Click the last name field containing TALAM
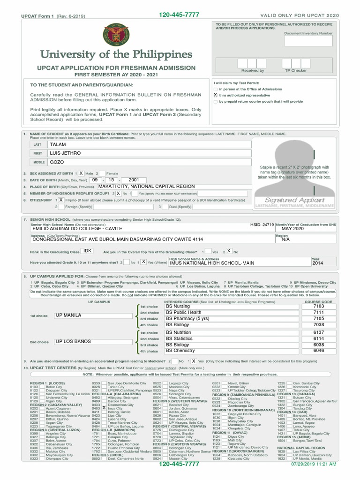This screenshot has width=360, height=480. (150, 145)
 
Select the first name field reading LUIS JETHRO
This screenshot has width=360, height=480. (150, 153)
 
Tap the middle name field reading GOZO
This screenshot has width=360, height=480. (150, 162)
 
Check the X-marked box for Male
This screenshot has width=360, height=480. (81, 173)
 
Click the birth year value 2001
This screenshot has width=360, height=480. (134, 180)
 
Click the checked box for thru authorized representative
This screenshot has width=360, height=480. (216, 95)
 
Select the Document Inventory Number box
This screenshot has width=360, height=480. (308, 41)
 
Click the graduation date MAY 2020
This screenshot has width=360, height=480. (293, 229)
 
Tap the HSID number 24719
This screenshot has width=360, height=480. (262, 225)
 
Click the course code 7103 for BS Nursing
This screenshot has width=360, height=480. (319, 306)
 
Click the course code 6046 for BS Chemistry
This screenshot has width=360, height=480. (319, 351)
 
